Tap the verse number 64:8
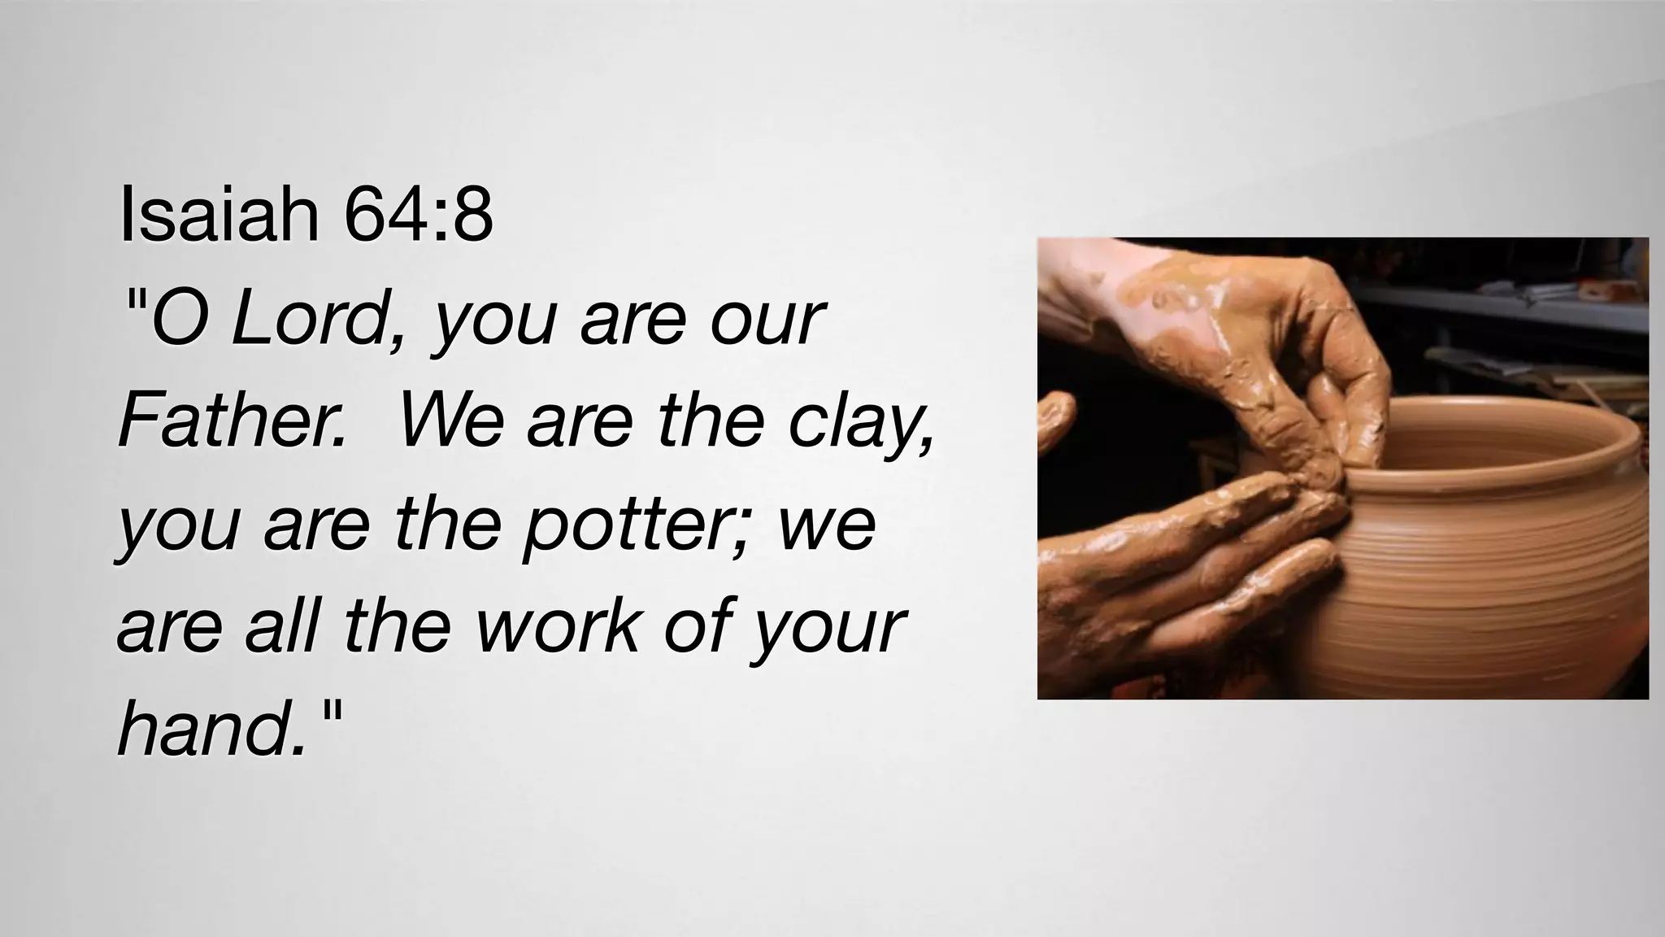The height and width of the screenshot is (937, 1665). coord(418,215)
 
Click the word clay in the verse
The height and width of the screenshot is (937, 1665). coord(857,423)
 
